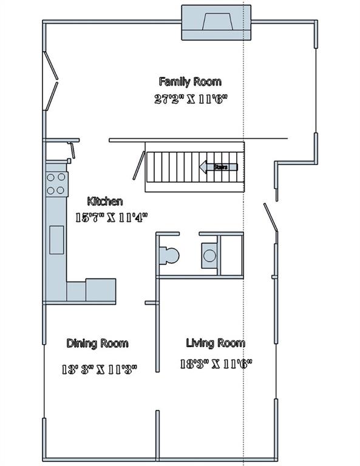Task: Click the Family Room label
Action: click(x=189, y=81)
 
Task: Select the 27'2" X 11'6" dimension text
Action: click(x=191, y=99)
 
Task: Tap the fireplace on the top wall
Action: click(x=217, y=24)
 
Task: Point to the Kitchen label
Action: click(x=105, y=201)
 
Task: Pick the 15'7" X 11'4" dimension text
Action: click(x=111, y=216)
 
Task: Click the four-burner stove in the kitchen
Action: click(x=57, y=184)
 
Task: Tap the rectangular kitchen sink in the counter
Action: click(x=56, y=239)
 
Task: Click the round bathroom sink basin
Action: click(x=209, y=255)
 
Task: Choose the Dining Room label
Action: click(x=97, y=343)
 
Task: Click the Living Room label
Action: click(x=215, y=343)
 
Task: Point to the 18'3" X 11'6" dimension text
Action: click(x=216, y=364)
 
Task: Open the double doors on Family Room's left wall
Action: click(x=50, y=81)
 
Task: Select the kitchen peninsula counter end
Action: click(x=100, y=290)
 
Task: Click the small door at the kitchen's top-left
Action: click(x=72, y=149)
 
